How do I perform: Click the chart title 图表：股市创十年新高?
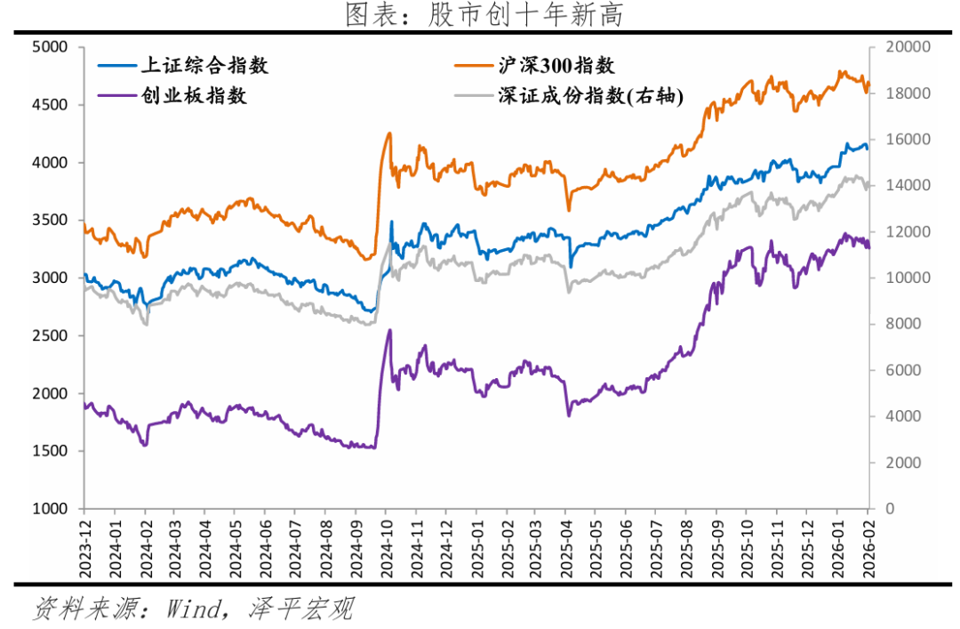pyautogui.click(x=479, y=14)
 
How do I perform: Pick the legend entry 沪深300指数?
pyautogui.click(x=557, y=66)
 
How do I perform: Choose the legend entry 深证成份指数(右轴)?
pyautogui.click(x=591, y=96)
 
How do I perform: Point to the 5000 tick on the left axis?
pyautogui.click(x=51, y=47)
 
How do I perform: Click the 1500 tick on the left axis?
pyautogui.click(x=51, y=451)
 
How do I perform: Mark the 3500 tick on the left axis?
pyautogui.click(x=51, y=221)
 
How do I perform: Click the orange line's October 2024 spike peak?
pyautogui.click(x=389, y=133)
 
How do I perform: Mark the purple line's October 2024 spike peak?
pyautogui.click(x=389, y=330)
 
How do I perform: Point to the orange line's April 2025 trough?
pyautogui.click(x=569, y=210)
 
